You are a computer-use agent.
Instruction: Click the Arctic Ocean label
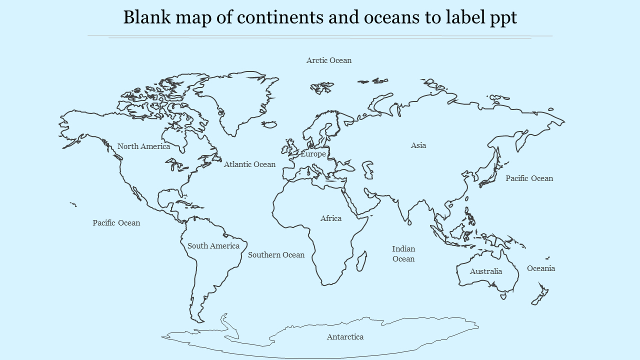[x=328, y=60]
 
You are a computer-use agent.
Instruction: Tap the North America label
[x=143, y=146]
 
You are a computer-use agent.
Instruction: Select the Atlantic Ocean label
[x=249, y=164]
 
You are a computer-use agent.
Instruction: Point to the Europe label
[x=313, y=154]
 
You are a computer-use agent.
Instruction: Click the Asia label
[x=418, y=145]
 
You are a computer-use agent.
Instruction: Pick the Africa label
[x=331, y=218]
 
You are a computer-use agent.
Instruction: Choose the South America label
[x=213, y=246]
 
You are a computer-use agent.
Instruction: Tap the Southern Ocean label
[x=276, y=255]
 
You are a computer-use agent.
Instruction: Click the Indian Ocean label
[x=403, y=254]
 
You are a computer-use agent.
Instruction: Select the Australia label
[x=485, y=271]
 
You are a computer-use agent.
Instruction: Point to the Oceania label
[x=541, y=268]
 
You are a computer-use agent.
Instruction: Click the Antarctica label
[x=345, y=337]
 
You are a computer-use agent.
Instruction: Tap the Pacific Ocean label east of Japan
[x=529, y=178]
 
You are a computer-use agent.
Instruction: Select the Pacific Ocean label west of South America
[x=116, y=223]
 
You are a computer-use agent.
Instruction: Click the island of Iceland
[x=269, y=124]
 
